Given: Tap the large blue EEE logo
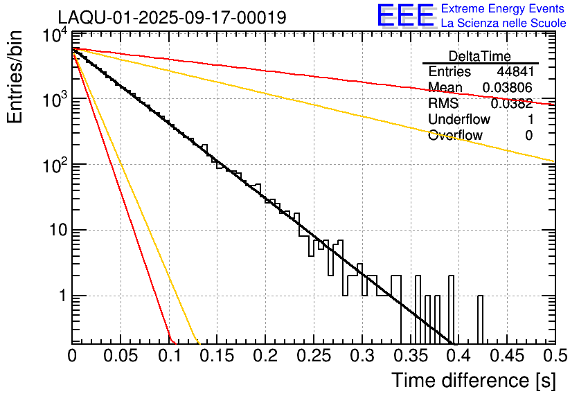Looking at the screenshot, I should (x=404, y=16).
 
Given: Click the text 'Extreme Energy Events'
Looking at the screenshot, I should (x=504, y=9).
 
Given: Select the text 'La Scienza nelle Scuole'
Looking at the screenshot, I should (x=504, y=23).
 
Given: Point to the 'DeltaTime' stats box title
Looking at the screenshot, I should (x=480, y=56).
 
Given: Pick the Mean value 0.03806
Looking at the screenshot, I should (x=507, y=88).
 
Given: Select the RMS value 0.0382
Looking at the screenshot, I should (x=511, y=104).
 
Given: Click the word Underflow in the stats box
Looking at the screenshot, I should (x=459, y=120).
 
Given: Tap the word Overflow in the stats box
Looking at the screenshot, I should (x=455, y=136).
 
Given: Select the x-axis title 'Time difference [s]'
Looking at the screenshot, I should (x=472, y=380).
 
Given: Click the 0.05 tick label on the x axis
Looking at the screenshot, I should (x=121, y=356).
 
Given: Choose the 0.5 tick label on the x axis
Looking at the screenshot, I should (x=554, y=356).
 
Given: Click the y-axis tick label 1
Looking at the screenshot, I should (x=61, y=296).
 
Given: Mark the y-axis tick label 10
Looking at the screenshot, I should (x=57, y=230).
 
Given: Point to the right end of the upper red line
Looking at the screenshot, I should (x=553, y=105).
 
